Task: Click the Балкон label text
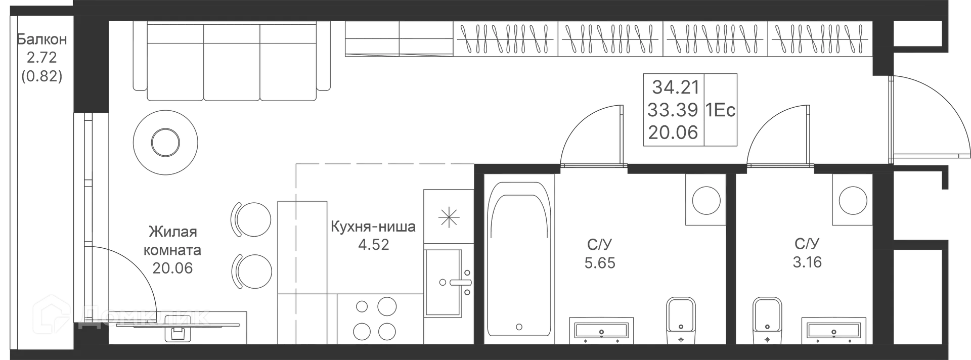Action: (41, 39)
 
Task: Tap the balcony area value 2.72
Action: (41, 57)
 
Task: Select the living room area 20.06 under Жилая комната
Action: (172, 268)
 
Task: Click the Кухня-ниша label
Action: (373, 227)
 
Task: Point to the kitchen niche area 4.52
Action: (373, 245)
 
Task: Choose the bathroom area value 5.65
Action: (600, 263)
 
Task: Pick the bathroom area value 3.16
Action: (807, 262)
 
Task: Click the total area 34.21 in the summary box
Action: (675, 87)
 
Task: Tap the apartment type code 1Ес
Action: (720, 110)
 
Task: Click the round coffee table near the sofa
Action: (165, 142)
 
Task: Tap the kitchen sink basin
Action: (443, 282)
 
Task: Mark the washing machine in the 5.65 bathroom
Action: (706, 200)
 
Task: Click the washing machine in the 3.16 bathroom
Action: (853, 200)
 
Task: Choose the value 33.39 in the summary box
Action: (673, 110)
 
